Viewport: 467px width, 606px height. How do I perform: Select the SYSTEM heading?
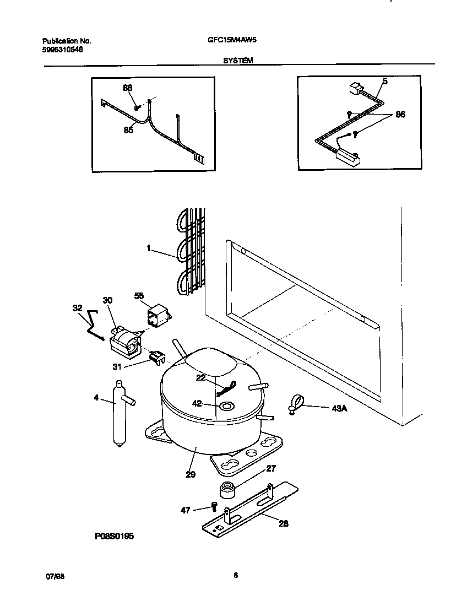238,61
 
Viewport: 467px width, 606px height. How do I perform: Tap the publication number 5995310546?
63,50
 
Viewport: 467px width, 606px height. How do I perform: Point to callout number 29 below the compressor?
191,474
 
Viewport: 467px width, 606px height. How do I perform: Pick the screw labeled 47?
214,507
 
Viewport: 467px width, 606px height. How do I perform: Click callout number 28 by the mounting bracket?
283,523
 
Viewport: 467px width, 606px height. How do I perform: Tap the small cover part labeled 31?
157,358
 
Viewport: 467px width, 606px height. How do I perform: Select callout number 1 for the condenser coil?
149,248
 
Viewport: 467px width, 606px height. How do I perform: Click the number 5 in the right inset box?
384,81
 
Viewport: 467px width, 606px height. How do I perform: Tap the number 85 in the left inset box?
128,130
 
